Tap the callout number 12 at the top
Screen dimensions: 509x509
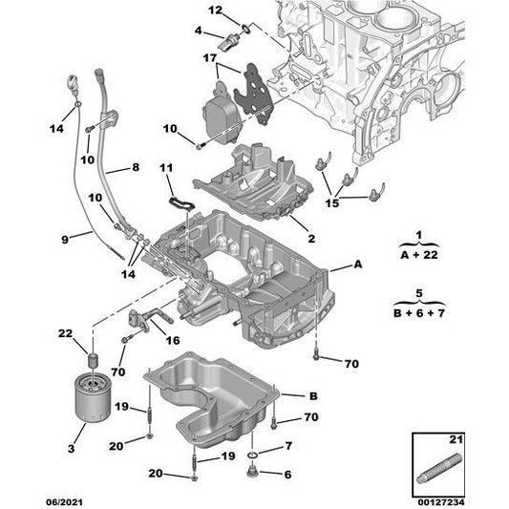pyautogui.click(x=215, y=11)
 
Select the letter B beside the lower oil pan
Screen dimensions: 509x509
pyautogui.click(x=312, y=394)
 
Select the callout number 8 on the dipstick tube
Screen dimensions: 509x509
pyautogui.click(x=135, y=167)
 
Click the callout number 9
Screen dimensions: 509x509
pyautogui.click(x=65, y=240)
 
